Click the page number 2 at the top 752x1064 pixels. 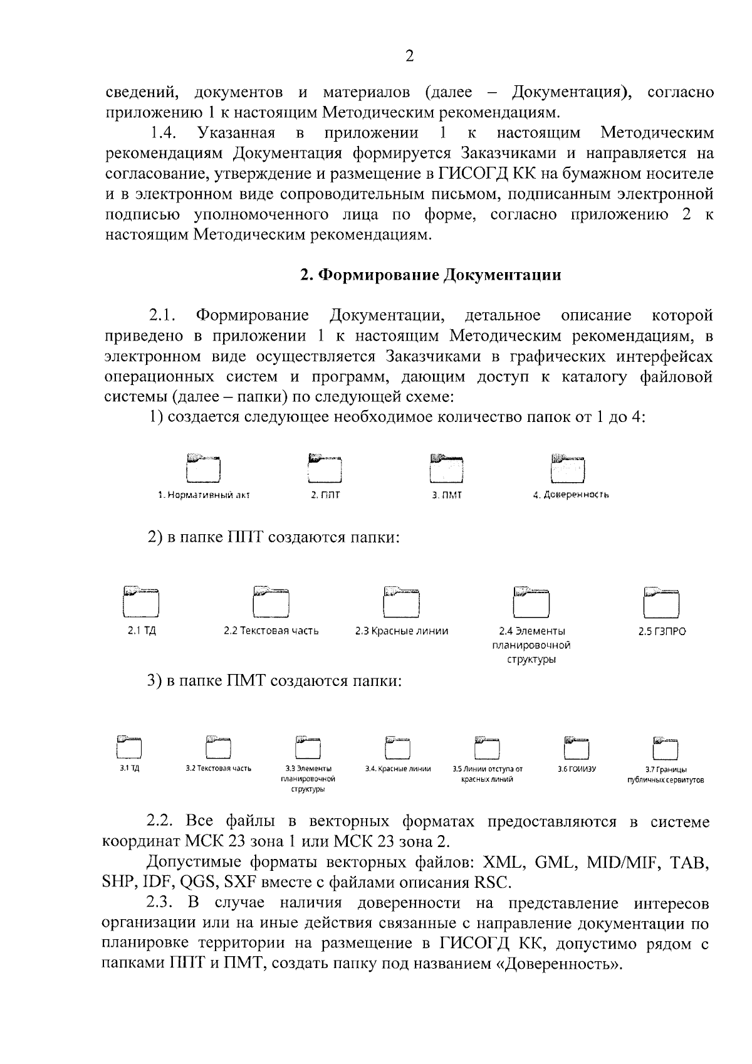tap(409, 56)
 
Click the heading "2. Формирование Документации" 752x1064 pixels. tap(431, 275)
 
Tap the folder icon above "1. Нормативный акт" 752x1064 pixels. tap(204, 468)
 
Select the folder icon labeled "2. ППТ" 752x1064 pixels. tap(325, 468)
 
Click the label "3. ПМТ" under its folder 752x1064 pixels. tap(446, 495)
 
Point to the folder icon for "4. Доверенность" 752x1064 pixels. tap(568, 468)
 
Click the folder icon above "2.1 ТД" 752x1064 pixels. tap(141, 601)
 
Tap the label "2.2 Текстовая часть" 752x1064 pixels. tap(271, 631)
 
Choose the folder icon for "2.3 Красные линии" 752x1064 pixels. tap(401, 601)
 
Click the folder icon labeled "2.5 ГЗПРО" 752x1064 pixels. tap(662, 601)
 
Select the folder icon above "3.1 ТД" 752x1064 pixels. tap(129, 747)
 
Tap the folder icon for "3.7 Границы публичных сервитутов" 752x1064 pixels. tap(666, 747)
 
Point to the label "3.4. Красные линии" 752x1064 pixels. tap(398, 768)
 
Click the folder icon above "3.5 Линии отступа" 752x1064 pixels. tap(488, 747)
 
